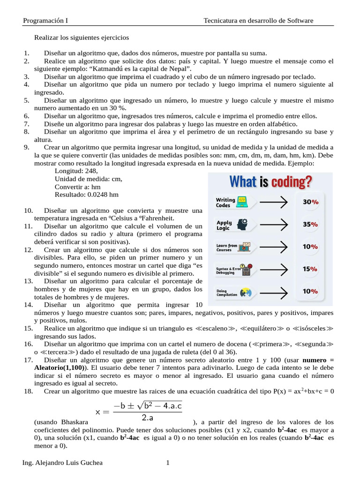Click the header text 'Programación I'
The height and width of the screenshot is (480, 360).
pos(45,21)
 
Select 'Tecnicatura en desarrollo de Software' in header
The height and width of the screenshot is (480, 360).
pos(258,21)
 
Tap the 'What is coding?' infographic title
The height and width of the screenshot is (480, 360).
pos(270,181)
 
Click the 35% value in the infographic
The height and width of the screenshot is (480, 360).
pos(310,224)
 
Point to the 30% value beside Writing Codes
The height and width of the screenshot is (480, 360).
pos(310,202)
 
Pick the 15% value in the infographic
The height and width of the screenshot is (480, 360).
pos(310,269)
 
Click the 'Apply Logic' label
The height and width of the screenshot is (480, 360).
pos(224,225)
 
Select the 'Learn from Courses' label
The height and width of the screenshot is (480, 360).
pos(226,247)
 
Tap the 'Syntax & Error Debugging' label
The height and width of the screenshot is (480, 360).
pos(228,270)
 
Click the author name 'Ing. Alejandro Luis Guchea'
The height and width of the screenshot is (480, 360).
pos(62,463)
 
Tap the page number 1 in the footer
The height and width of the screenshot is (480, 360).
pos(167,463)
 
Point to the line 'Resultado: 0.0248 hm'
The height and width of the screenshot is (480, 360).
pos(86,194)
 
